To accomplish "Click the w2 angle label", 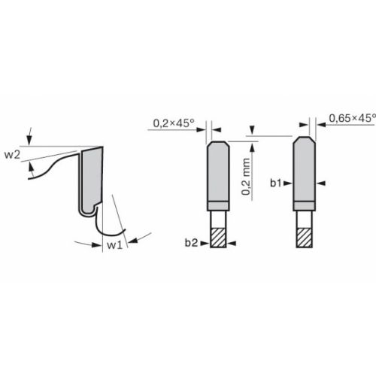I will click(x=12, y=155).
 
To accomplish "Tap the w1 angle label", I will click(x=113, y=245).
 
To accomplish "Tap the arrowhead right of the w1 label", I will click(x=130, y=240).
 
